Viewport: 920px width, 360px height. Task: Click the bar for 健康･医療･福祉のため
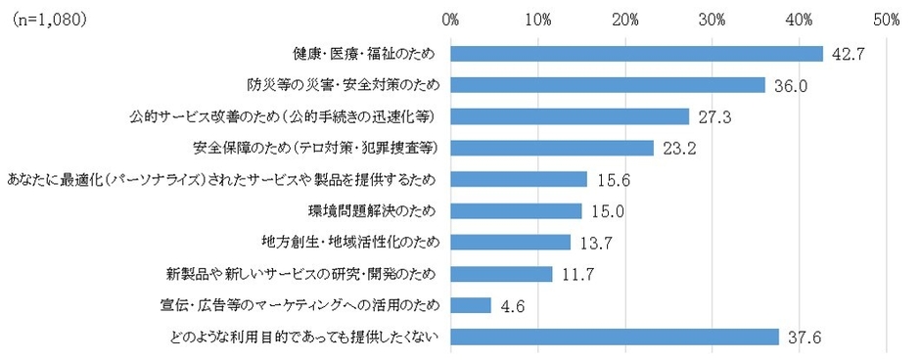pyautogui.click(x=637, y=53)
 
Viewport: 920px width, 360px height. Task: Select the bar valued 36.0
pyautogui.click(x=608, y=85)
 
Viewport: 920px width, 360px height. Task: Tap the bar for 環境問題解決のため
pyautogui.click(x=517, y=210)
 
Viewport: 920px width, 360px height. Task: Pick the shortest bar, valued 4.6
pyautogui.click(x=471, y=305)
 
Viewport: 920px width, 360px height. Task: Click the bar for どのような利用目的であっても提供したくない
pyautogui.click(x=615, y=337)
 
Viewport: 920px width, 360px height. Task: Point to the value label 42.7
pyautogui.click(x=847, y=55)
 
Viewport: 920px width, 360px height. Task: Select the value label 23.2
pyautogui.click(x=677, y=149)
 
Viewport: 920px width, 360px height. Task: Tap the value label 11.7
pyautogui.click(x=577, y=275)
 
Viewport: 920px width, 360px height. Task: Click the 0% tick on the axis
pyautogui.click(x=450, y=18)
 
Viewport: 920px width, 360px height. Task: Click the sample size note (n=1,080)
pyautogui.click(x=48, y=18)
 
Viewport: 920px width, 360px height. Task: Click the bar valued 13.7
pyautogui.click(x=511, y=243)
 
